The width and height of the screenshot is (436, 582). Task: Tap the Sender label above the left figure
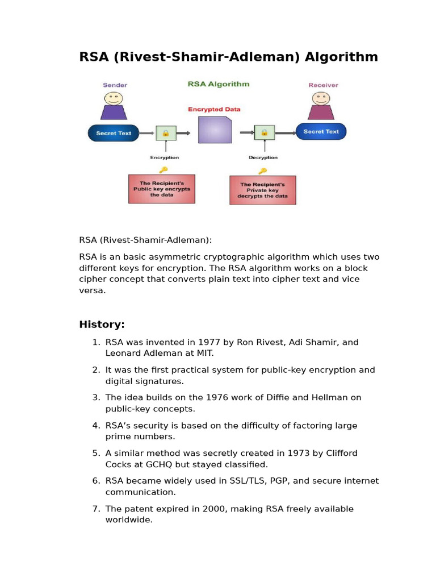[x=115, y=85]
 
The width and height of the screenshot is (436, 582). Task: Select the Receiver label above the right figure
[x=323, y=85]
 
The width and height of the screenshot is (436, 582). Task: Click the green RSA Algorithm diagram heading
[x=218, y=84]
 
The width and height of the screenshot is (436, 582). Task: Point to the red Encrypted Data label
[x=215, y=109]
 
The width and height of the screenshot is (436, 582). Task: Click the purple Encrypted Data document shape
[x=215, y=130]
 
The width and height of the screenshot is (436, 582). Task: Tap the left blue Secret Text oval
[x=114, y=134]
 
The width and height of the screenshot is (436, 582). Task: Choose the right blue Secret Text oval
[x=321, y=132]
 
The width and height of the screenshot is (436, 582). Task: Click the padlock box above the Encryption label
[x=166, y=134]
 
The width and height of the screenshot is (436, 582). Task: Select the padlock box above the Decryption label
[x=263, y=133]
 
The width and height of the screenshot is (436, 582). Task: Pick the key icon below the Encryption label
[x=163, y=169]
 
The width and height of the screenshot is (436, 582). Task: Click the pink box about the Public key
[x=162, y=189]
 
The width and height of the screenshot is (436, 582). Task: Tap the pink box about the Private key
[x=262, y=190]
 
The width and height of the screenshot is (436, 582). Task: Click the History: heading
[x=102, y=325]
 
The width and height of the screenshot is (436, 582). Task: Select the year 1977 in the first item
[x=209, y=342]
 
